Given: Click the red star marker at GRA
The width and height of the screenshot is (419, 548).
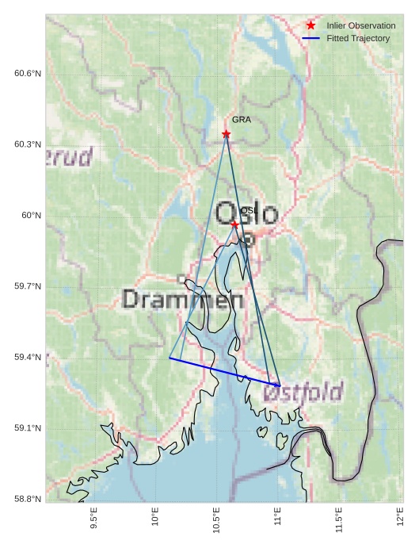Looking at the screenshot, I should click(x=227, y=134).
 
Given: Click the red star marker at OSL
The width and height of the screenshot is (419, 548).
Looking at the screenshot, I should click(x=234, y=225).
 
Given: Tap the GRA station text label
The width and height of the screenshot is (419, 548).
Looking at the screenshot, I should click(x=241, y=120).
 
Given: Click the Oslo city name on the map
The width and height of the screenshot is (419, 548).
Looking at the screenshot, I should click(x=247, y=213).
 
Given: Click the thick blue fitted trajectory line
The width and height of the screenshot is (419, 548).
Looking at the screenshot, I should click(x=224, y=372).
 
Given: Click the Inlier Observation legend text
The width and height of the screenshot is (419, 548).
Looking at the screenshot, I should click(x=360, y=26).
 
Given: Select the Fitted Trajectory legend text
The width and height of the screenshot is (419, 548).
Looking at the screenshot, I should click(x=358, y=38).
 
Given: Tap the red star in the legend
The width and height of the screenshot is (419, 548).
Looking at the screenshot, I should click(x=311, y=26).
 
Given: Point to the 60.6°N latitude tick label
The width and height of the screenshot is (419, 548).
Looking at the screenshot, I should click(x=28, y=74).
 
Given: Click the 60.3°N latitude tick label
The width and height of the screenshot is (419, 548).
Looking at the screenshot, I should click(x=28, y=144).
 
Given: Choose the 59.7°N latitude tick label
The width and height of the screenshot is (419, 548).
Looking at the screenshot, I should click(x=28, y=286).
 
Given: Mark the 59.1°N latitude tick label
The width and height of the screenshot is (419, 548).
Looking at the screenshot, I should click(x=28, y=428).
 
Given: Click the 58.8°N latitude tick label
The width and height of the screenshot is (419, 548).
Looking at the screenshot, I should click(x=28, y=499).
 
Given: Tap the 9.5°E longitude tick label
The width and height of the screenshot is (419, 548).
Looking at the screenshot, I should click(x=94, y=519).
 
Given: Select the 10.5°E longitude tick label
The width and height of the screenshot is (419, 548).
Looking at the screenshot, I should click(x=216, y=519).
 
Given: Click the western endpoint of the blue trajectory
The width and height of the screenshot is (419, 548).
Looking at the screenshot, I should click(x=170, y=358).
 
